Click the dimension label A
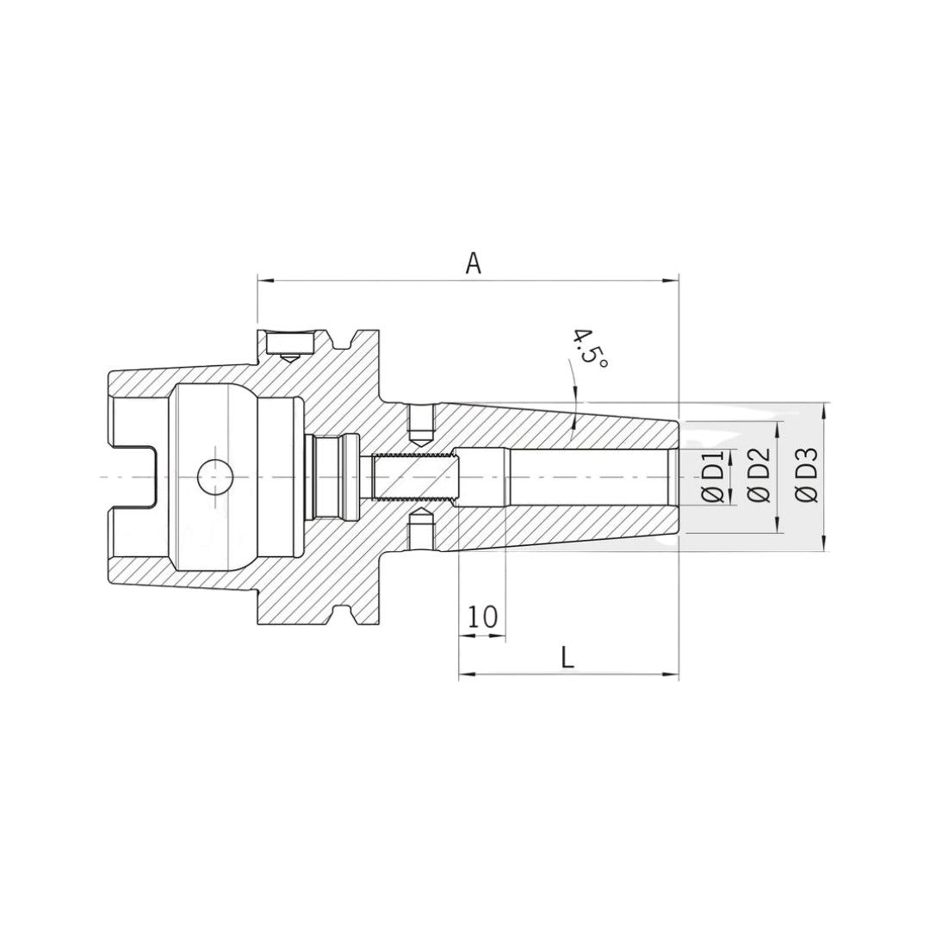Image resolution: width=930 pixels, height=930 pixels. (473, 263)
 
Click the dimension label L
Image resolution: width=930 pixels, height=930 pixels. (567, 657)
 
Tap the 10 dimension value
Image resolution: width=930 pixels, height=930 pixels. (481, 617)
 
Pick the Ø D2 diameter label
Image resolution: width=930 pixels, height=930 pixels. (759, 475)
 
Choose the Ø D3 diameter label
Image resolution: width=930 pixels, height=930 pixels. (807, 475)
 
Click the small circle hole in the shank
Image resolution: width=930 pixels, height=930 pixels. (214, 477)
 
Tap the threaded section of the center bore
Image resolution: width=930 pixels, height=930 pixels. (412, 477)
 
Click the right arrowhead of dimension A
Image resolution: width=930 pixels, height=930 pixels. (671, 279)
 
